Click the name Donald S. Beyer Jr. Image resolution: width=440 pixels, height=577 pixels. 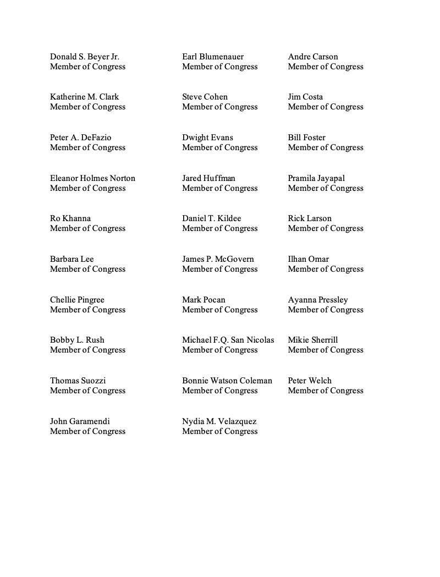point(85,57)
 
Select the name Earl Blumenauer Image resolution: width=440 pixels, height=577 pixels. point(213,57)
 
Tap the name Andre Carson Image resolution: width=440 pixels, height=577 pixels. point(313,57)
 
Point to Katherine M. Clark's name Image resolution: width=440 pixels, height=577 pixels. point(84,97)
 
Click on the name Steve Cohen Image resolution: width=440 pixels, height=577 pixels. point(205,97)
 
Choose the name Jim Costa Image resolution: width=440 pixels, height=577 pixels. point(305,97)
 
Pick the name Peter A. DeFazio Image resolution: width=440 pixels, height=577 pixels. point(80,138)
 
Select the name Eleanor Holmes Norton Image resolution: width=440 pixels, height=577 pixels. point(92,178)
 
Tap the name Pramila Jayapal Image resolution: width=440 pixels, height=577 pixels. point(316,178)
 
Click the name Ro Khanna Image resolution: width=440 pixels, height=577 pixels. point(70,218)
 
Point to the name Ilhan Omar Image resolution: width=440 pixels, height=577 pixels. point(308,259)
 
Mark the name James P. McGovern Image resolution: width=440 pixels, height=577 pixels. point(218,259)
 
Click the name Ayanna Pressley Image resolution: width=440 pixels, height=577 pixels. point(318,300)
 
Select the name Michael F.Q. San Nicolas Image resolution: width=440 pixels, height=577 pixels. point(228,340)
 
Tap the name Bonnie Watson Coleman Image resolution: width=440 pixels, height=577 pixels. point(227,381)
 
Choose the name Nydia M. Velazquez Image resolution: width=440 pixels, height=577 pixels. point(219,421)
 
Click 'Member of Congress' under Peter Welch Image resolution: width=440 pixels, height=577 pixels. point(326,391)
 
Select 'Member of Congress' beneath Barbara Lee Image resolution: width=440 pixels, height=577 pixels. point(87,269)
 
